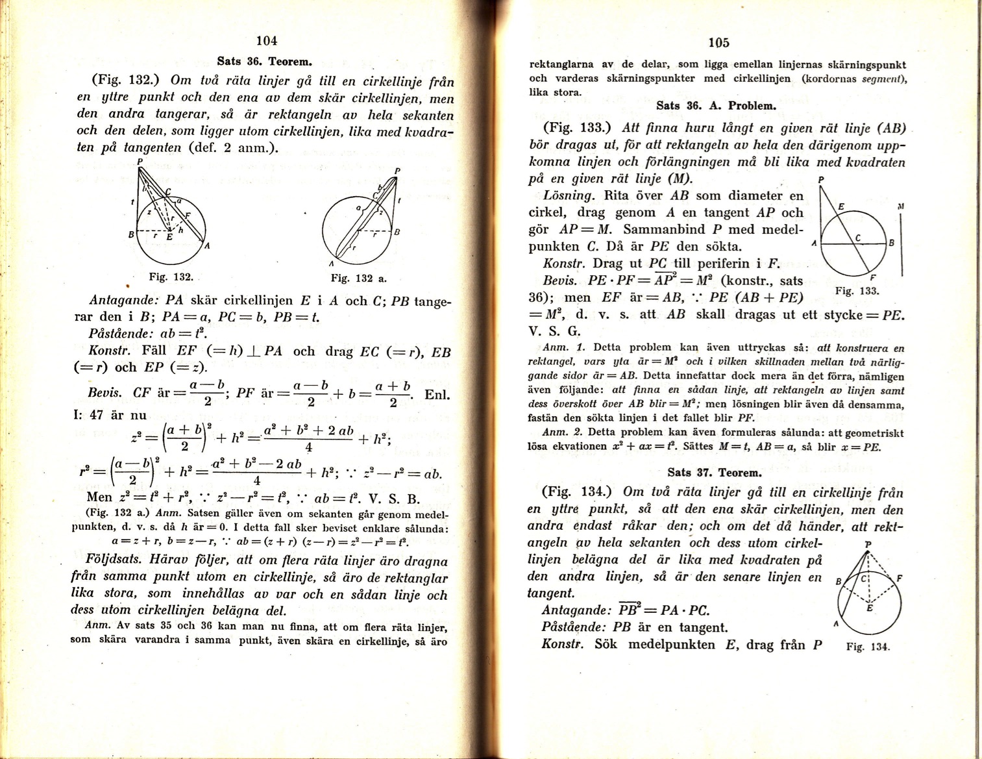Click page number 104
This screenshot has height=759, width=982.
click(267, 40)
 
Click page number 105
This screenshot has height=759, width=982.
click(718, 43)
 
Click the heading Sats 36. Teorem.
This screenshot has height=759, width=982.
click(265, 62)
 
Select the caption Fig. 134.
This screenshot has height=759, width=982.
click(868, 647)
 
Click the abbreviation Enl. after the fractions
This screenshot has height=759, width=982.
click(437, 395)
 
